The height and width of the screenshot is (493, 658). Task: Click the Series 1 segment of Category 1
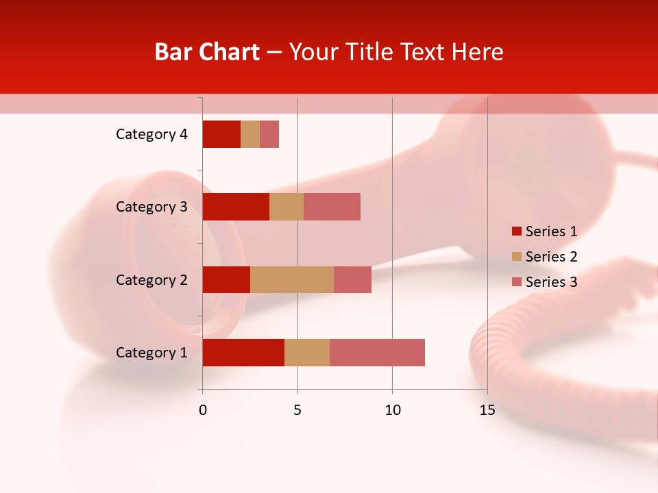[243, 352]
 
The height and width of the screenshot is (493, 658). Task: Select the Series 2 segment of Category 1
[307, 352]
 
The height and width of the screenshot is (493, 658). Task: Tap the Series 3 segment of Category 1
[377, 352]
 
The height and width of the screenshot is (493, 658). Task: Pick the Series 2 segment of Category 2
[292, 279]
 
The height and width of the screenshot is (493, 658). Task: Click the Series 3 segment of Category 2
[352, 279]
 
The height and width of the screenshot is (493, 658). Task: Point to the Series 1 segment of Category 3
[236, 207]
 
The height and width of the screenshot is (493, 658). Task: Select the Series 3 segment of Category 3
[332, 207]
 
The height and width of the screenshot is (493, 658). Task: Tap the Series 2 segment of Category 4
[250, 134]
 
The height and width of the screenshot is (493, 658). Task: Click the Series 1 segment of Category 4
[221, 134]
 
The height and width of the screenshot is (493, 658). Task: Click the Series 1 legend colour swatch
[516, 231]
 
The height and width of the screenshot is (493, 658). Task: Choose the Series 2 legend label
[551, 257]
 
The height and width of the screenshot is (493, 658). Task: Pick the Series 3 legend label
[551, 282]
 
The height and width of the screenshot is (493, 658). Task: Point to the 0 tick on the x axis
[202, 410]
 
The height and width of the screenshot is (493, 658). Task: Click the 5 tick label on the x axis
[297, 410]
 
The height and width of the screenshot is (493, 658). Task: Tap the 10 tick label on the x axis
[392, 410]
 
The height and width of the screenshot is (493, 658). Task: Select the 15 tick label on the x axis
[487, 410]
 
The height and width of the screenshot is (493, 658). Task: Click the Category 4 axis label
[151, 134]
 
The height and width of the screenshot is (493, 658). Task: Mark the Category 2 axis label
[151, 279]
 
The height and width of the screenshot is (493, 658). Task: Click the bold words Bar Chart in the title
[207, 52]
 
